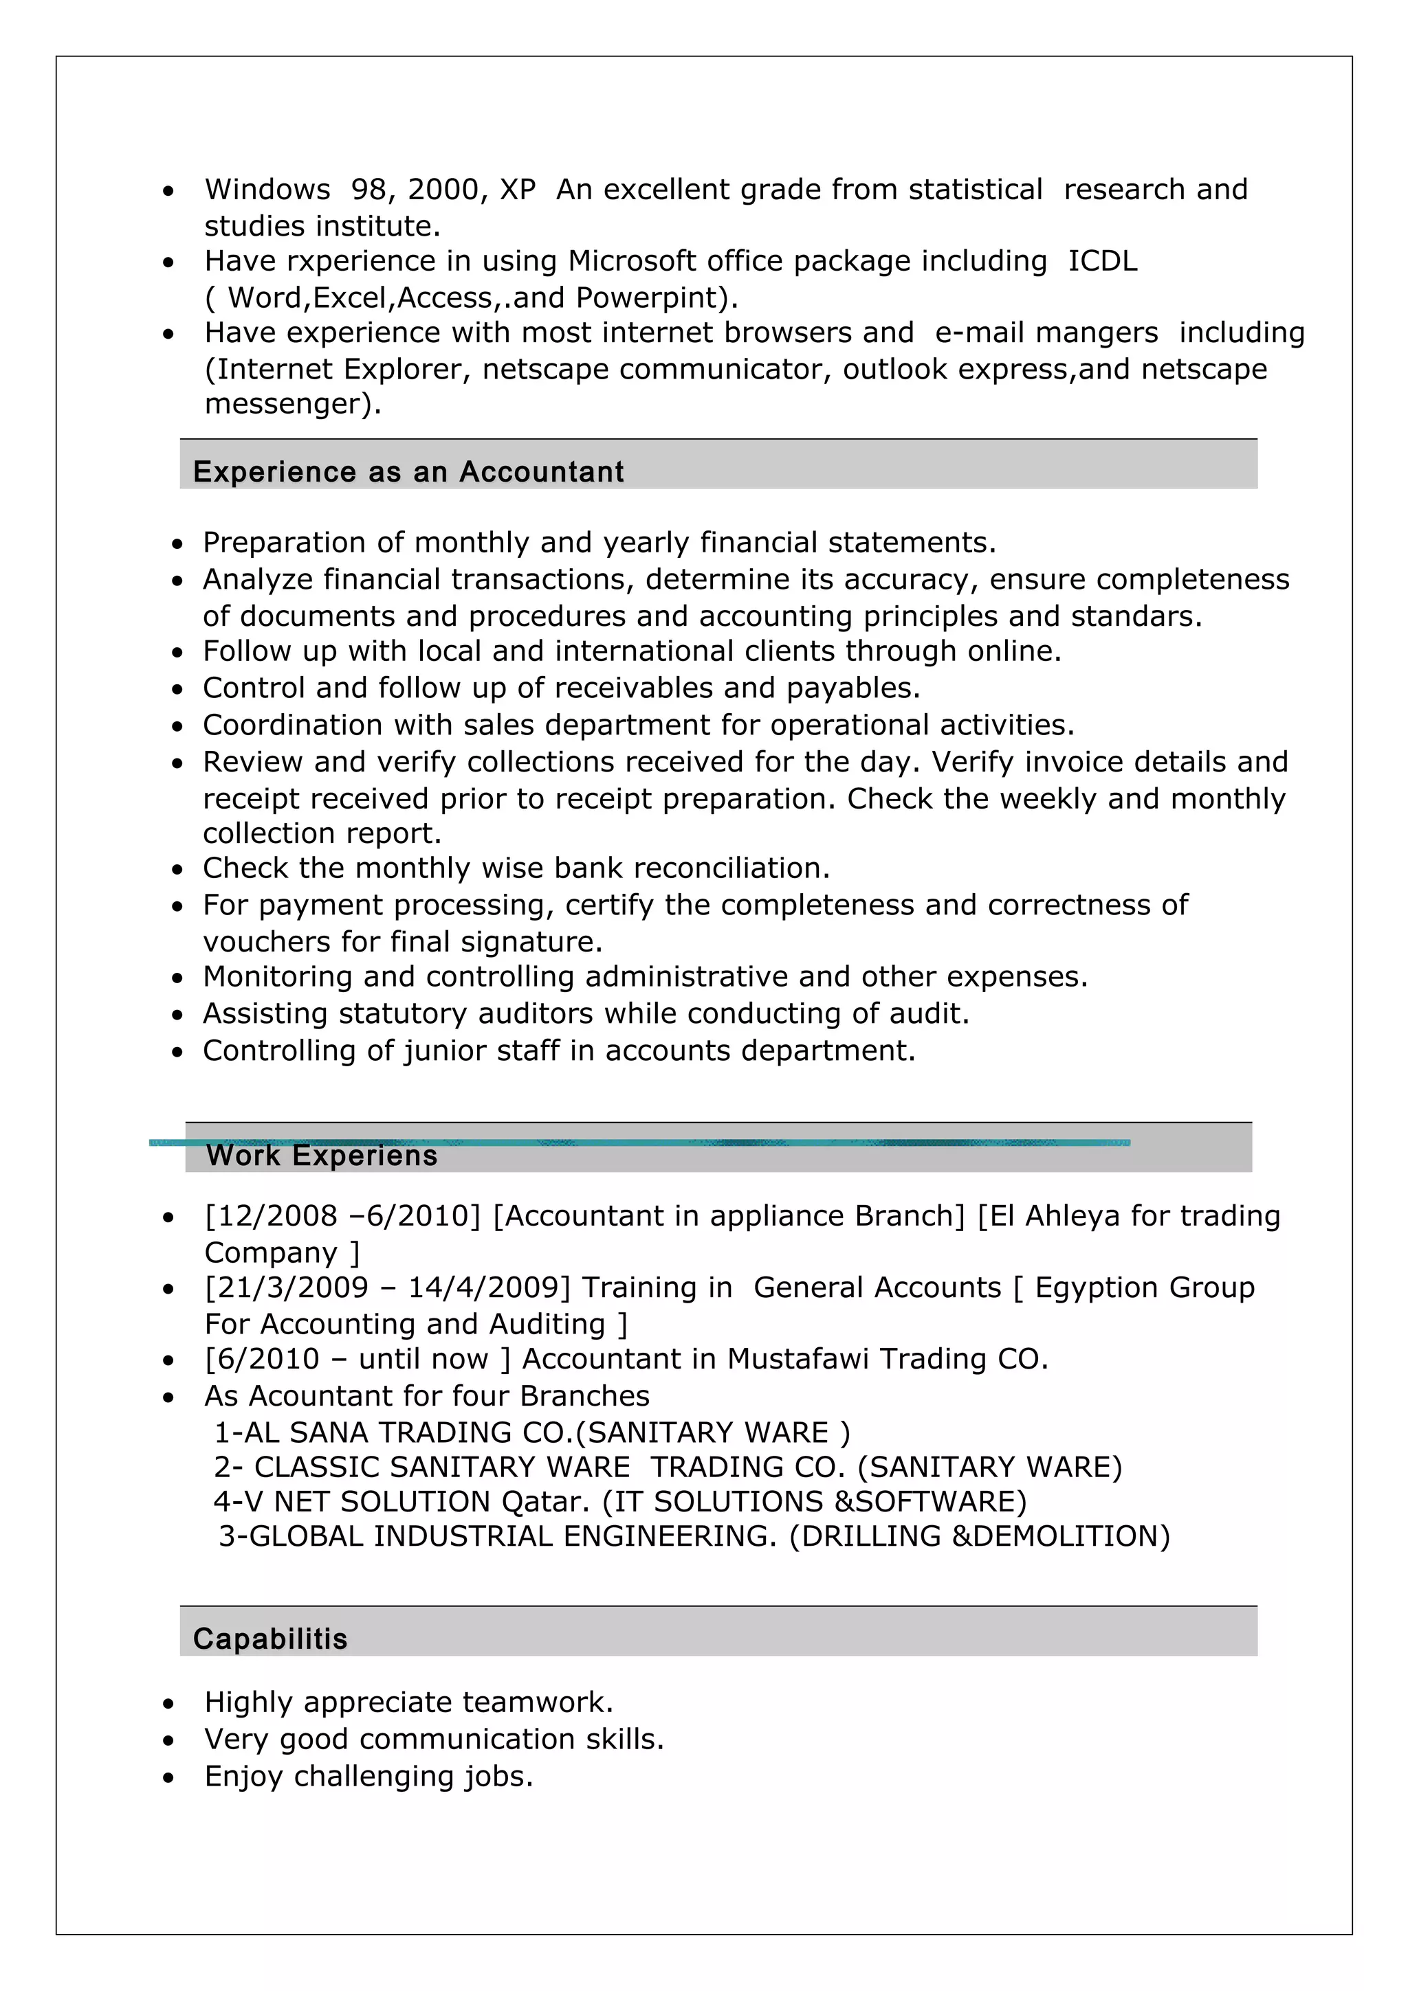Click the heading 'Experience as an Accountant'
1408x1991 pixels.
coord(408,472)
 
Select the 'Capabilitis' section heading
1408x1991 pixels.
coord(269,1639)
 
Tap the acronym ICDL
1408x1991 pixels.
coord(1102,261)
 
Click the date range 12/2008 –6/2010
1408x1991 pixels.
coord(342,1216)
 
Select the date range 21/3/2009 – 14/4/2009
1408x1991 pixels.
coord(387,1287)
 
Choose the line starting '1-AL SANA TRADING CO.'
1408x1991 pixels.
coord(531,1432)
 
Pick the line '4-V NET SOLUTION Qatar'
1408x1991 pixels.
coord(619,1502)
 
